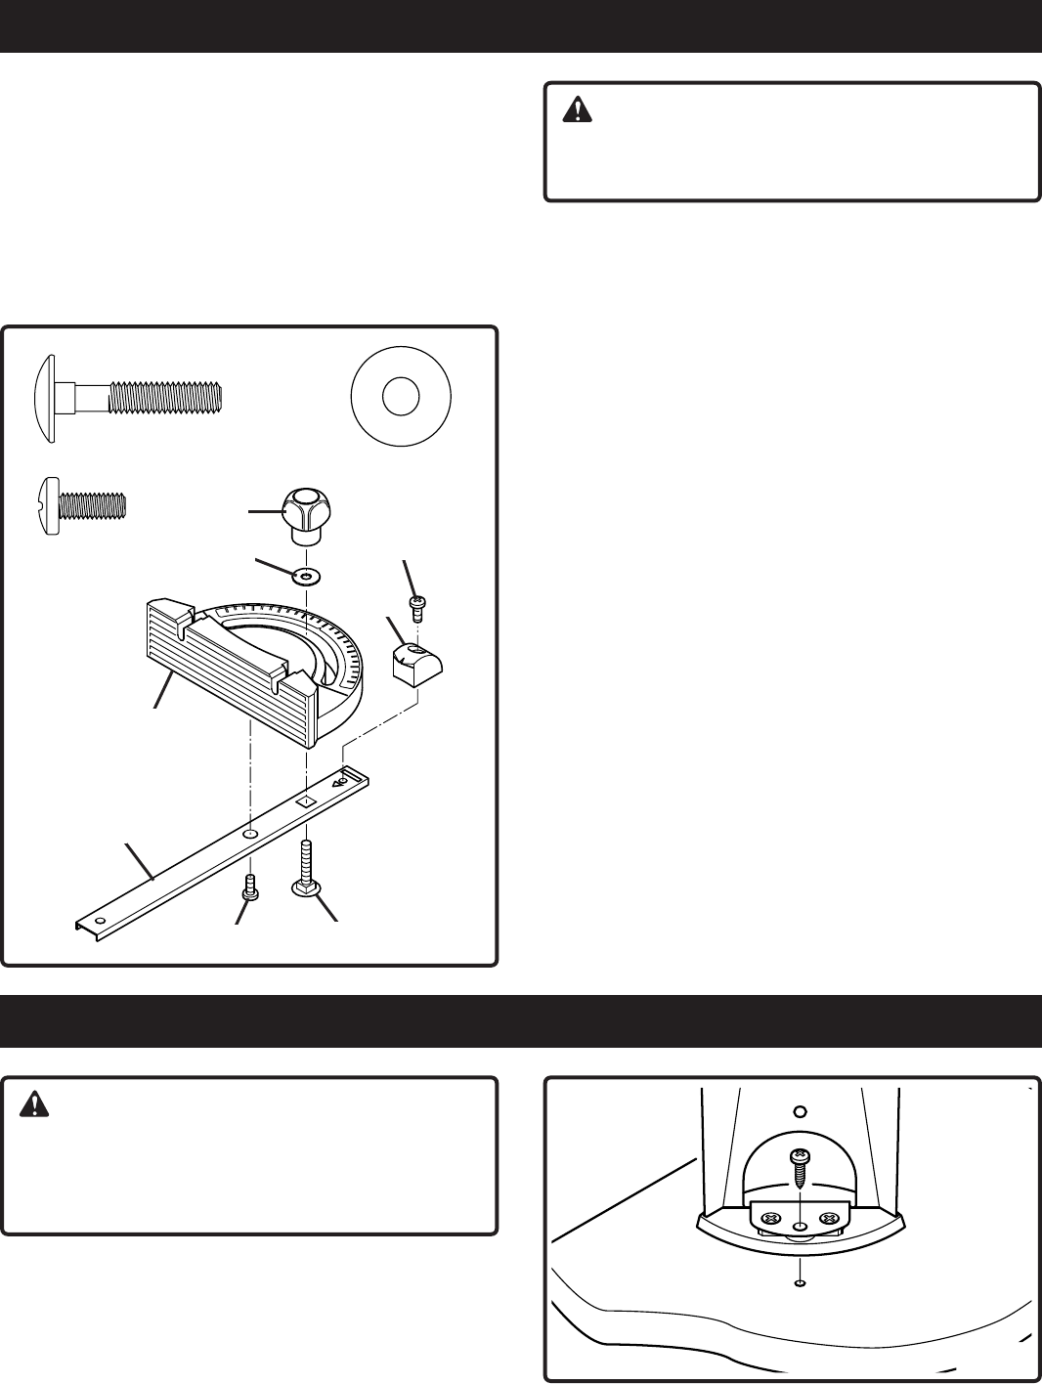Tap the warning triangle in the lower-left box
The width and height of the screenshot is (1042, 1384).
pyautogui.click(x=36, y=1103)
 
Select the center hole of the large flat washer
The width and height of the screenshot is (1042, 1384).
pyautogui.click(x=401, y=398)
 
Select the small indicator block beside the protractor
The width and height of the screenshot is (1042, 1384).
pyautogui.click(x=416, y=665)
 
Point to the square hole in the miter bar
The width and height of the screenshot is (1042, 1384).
pyautogui.click(x=304, y=800)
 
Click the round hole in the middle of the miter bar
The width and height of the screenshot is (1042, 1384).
pyautogui.click(x=250, y=834)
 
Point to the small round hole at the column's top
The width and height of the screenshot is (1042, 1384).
pyautogui.click(x=800, y=1111)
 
